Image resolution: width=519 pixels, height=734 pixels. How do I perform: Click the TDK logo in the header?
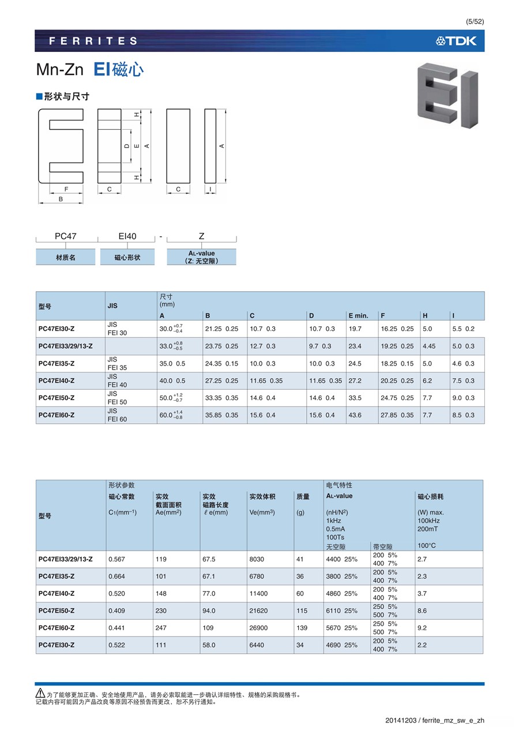pyautogui.click(x=456, y=41)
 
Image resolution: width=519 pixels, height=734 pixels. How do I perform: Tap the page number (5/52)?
pyautogui.click(x=475, y=22)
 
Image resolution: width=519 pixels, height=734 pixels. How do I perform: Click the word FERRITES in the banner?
pyautogui.click(x=93, y=41)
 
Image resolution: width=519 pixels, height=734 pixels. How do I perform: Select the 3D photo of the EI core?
pyautogui.click(x=448, y=95)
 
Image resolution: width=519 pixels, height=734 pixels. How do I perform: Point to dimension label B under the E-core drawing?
pyautogui.click(x=61, y=199)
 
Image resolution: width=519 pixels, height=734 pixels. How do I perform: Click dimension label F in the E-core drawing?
pyautogui.click(x=66, y=189)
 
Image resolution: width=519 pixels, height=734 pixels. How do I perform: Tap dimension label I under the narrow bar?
pyautogui.click(x=210, y=189)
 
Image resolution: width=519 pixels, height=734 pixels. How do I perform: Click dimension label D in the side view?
pyautogui.click(x=127, y=146)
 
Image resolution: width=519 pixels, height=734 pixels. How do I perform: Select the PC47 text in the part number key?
pyautogui.click(x=66, y=236)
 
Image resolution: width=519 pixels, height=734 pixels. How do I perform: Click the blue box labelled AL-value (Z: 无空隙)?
pyautogui.click(x=201, y=257)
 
